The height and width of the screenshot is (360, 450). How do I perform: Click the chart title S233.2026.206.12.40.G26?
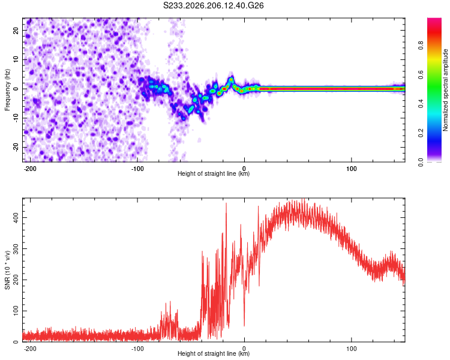[x=213, y=5]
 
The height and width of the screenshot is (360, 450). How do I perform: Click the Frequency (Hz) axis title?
[x=7, y=90]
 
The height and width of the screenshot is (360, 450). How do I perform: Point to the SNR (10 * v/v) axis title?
[x=7, y=270]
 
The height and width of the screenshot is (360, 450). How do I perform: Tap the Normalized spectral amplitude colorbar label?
[x=445, y=90]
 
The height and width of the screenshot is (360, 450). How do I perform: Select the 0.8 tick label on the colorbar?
[x=421, y=46]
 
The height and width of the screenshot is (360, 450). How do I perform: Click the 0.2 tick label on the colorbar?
[x=421, y=133]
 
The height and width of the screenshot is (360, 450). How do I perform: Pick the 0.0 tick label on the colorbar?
[x=421, y=162]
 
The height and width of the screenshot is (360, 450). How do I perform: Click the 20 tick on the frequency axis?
[x=16, y=31]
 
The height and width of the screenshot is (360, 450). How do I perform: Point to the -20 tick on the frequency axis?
[x=16, y=148]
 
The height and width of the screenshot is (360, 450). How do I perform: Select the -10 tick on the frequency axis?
[x=16, y=118]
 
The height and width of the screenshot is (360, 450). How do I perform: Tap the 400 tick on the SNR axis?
[x=16, y=218]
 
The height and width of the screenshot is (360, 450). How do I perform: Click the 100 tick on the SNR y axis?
[x=16, y=311]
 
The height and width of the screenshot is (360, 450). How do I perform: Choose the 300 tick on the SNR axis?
[x=16, y=248]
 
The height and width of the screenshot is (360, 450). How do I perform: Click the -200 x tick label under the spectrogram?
[x=30, y=169]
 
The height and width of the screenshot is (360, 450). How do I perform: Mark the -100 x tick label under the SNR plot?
[x=137, y=349]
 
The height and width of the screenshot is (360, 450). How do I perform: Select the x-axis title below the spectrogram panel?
[x=214, y=173]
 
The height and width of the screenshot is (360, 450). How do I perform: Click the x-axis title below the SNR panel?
[x=214, y=353]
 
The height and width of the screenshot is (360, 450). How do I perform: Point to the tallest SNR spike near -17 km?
[x=226, y=204]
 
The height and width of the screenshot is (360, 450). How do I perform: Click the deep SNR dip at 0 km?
[x=244, y=325]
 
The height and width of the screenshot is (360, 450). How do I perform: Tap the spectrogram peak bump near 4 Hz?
[x=231, y=79]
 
